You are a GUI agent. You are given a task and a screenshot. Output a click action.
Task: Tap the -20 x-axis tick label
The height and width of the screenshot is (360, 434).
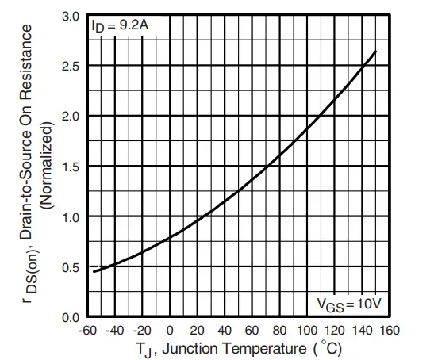pyautogui.click(x=142, y=330)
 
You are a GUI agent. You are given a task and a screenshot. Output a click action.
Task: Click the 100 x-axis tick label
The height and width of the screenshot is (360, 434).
pyautogui.click(x=307, y=330)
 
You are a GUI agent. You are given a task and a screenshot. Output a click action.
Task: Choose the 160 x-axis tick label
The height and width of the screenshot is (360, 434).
pyautogui.click(x=389, y=330)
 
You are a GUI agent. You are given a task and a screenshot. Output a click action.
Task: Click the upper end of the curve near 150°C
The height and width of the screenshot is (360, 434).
pyautogui.click(x=375, y=52)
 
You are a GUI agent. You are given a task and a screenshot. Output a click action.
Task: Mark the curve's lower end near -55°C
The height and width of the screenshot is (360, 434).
pyautogui.click(x=94, y=271)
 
